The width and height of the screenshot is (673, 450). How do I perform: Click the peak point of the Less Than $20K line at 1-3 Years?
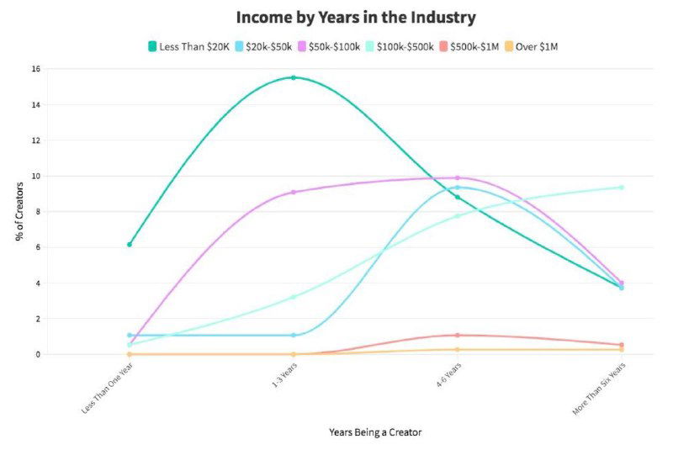(x=294, y=77)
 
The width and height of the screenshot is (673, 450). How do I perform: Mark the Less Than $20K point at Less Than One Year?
(x=130, y=245)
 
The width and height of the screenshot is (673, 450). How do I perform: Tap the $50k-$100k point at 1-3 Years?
(x=294, y=192)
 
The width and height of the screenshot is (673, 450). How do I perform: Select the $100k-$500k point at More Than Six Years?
(x=622, y=187)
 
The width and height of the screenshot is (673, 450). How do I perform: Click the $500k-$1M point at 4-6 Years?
(x=458, y=336)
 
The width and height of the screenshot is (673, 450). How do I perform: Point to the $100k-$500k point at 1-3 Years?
(x=294, y=297)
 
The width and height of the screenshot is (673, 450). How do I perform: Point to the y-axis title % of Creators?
(x=19, y=212)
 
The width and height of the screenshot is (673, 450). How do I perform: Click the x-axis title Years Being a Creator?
(x=375, y=431)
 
